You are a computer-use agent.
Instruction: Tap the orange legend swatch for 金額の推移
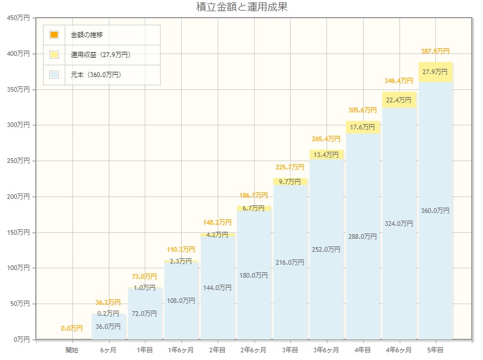(x=54, y=35)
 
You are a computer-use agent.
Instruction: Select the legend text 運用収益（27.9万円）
(x=101, y=55)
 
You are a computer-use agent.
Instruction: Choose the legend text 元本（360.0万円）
(x=96, y=75)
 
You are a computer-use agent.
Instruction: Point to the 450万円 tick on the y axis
(x=23, y=18)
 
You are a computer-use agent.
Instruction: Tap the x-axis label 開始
(x=72, y=350)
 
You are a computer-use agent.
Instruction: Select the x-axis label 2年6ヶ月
(x=254, y=350)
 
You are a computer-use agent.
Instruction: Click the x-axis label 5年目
(x=436, y=350)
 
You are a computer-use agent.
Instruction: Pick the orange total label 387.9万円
(x=435, y=51)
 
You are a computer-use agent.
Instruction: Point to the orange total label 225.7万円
(x=290, y=166)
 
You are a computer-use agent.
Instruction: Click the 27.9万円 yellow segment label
(x=436, y=72)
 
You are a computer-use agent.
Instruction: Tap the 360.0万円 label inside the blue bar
(x=435, y=211)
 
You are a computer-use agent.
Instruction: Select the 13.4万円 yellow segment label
(x=327, y=155)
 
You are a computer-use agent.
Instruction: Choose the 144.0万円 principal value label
(x=218, y=288)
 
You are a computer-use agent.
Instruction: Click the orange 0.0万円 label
(x=72, y=328)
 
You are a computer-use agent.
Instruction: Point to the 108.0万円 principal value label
(x=181, y=301)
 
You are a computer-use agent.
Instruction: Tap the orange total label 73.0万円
(x=145, y=276)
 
